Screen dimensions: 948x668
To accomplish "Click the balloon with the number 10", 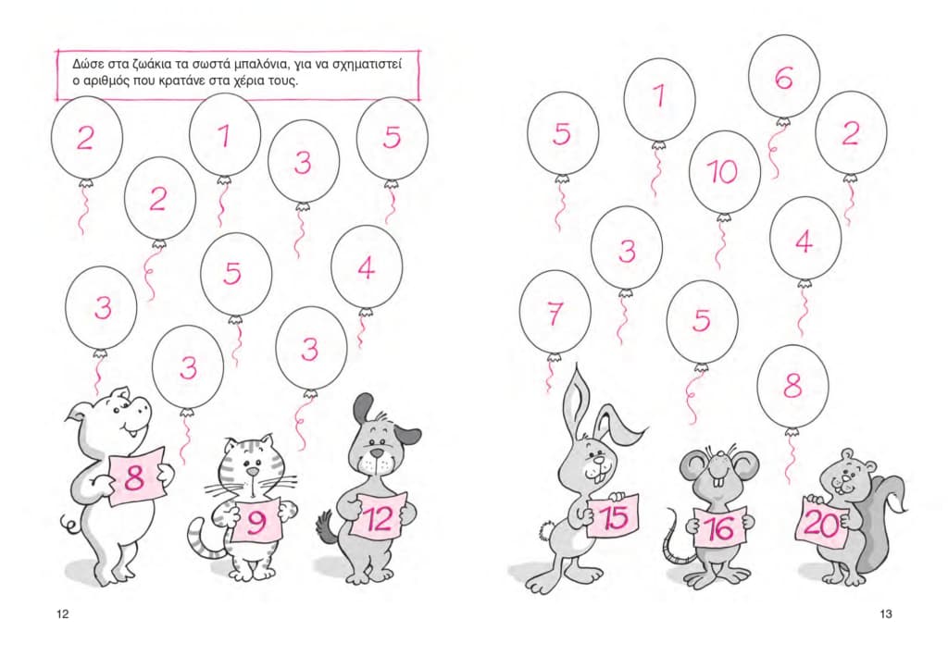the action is [724, 172].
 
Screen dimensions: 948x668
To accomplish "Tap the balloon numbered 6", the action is [783, 77].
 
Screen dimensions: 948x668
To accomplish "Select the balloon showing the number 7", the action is [555, 313].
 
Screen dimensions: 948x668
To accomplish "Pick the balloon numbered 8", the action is [792, 386].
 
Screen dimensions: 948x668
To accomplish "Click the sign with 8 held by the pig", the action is [136, 476].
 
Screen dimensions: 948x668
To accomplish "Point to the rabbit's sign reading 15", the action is [613, 516].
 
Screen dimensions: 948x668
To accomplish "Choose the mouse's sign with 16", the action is [719, 526].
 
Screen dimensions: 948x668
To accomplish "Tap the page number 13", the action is [886, 614].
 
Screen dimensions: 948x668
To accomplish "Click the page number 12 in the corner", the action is [63, 614].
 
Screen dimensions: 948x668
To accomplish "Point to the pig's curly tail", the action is [70, 524].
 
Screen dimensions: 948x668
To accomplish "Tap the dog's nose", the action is [378, 452].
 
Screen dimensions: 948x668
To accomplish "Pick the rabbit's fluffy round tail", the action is [548, 530].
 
